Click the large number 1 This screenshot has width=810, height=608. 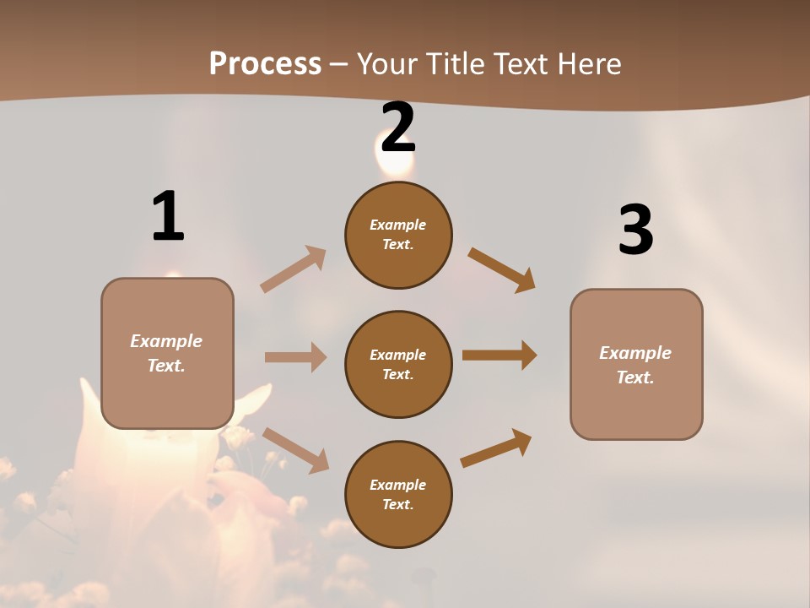pyautogui.click(x=168, y=216)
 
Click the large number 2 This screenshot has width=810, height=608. pyautogui.click(x=398, y=128)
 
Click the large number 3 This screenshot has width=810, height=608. pyautogui.click(x=635, y=230)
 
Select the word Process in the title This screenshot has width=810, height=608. pyautogui.click(x=265, y=63)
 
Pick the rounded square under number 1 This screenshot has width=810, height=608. pyautogui.click(x=167, y=353)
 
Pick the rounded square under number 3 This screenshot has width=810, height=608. pyautogui.click(x=636, y=364)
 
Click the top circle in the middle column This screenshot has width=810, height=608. pyautogui.click(x=398, y=235)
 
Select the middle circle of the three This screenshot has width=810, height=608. pyautogui.click(x=398, y=365)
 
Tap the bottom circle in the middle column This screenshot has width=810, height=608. pyautogui.click(x=398, y=494)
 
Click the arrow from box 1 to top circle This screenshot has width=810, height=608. pyautogui.click(x=294, y=269)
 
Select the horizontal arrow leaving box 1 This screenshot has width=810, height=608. pyautogui.click(x=295, y=357)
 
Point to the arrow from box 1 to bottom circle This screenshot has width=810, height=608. pyautogui.click(x=296, y=450)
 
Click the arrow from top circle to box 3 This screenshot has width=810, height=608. pyautogui.click(x=502, y=270)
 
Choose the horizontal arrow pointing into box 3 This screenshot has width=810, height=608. pyautogui.click(x=499, y=356)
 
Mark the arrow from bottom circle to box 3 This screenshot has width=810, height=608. pyautogui.click(x=496, y=448)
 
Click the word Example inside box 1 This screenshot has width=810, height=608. pyautogui.click(x=166, y=341)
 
